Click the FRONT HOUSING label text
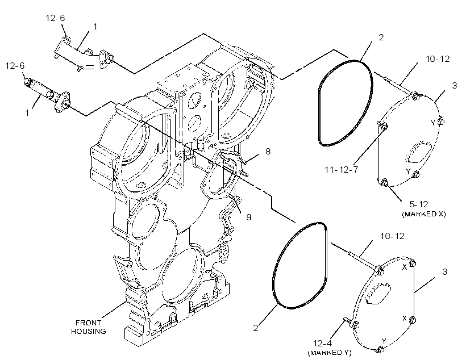point(88,326)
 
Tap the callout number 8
point(268,152)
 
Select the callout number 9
point(249,217)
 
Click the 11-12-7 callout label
point(341,170)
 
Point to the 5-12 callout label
point(418,204)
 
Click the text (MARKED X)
point(424,214)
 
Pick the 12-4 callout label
point(322,344)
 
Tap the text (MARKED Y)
point(329,353)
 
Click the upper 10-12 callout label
point(438,59)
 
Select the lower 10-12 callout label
point(392,236)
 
